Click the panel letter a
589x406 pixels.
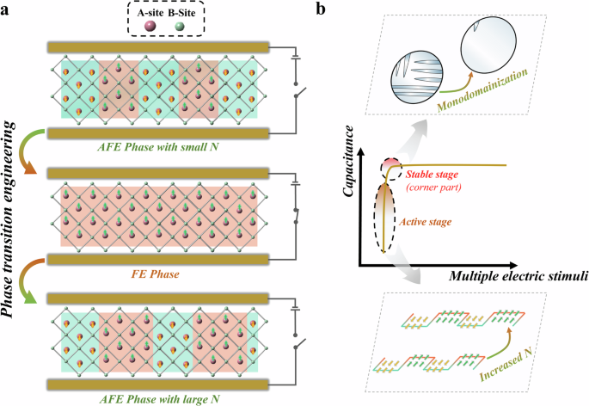tap(7, 10)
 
